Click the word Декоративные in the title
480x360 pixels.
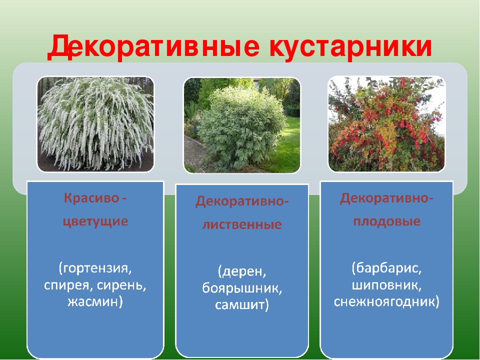(153, 47)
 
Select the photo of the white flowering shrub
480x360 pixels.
(95, 124)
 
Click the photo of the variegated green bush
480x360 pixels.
(242, 125)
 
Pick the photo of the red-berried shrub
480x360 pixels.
(386, 123)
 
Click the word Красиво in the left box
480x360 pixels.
(91, 198)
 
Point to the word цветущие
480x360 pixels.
(95, 221)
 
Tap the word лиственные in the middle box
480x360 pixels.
(242, 224)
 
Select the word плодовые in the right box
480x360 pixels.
(386, 221)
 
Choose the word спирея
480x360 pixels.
(68, 285)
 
